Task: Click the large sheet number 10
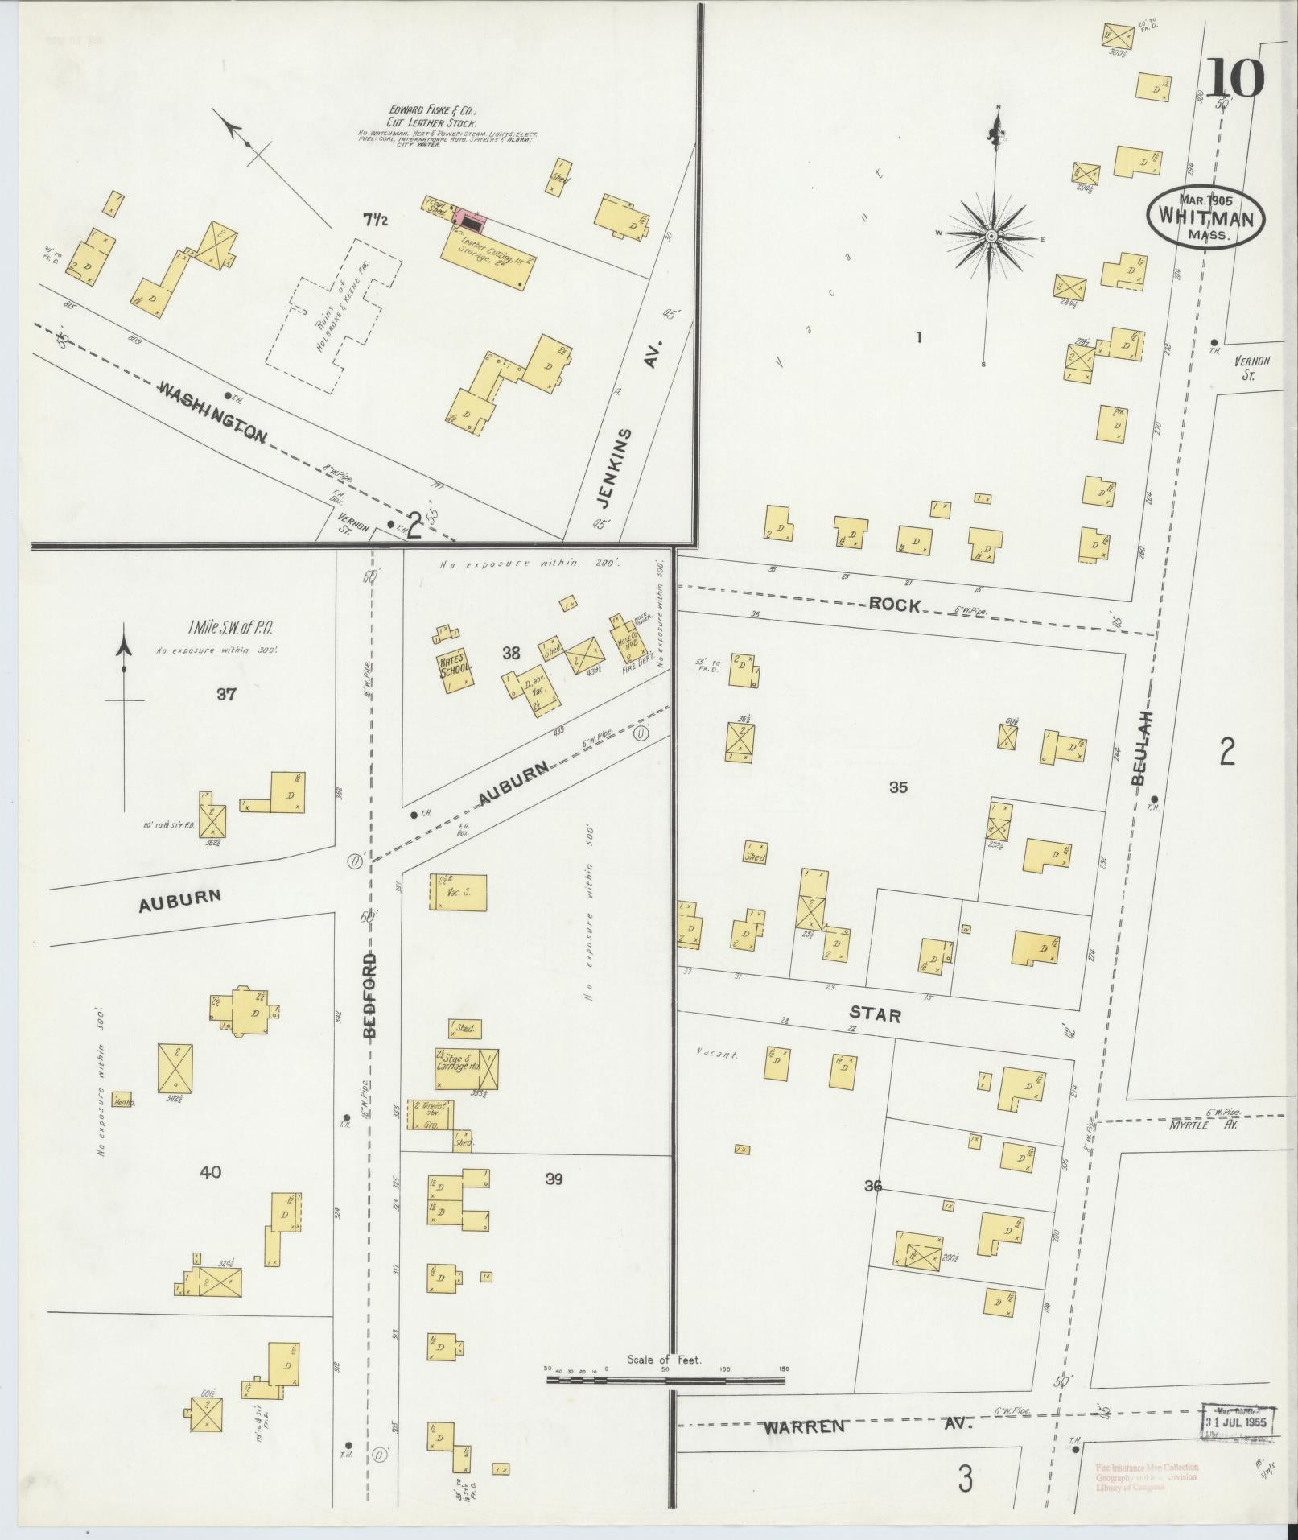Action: tap(1234, 78)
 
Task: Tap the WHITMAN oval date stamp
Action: tap(1205, 216)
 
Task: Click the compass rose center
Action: tap(991, 236)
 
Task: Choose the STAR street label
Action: tap(876, 1015)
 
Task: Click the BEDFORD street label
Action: tap(369, 998)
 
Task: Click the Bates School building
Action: tap(455, 669)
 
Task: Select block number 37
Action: tap(225, 694)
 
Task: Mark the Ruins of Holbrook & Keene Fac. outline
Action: tap(333, 318)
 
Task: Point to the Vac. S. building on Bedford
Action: tap(458, 892)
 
